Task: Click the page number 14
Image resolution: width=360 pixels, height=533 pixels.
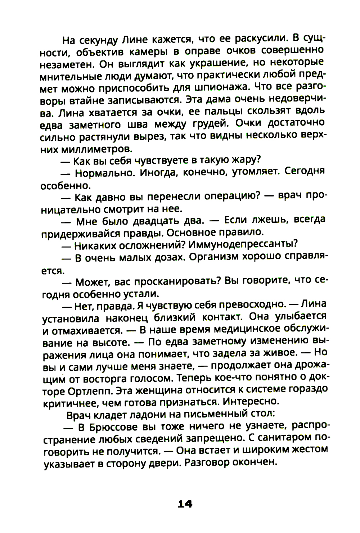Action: [185, 504]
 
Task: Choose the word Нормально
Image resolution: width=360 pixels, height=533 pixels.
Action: [104, 173]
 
